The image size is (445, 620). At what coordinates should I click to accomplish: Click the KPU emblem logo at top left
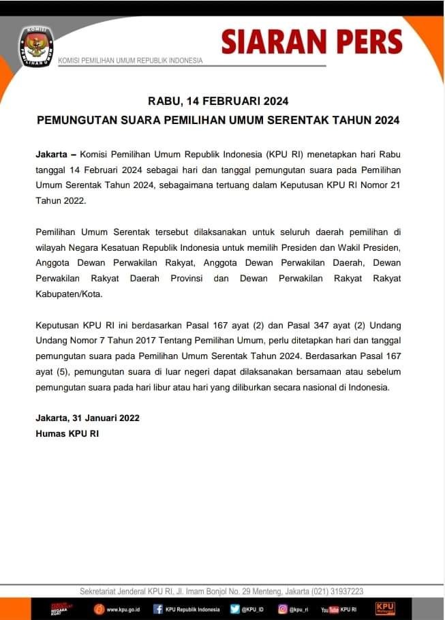click(35, 47)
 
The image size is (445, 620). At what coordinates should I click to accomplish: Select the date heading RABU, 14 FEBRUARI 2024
click(218, 101)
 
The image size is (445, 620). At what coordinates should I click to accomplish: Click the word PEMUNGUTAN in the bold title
click(73, 120)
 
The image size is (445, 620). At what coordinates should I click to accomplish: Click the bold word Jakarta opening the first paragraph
click(51, 155)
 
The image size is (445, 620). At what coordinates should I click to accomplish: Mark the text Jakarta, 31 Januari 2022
click(87, 418)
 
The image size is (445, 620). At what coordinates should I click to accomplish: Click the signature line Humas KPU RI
click(67, 433)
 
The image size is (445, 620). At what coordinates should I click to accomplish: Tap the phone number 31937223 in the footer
click(341, 591)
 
